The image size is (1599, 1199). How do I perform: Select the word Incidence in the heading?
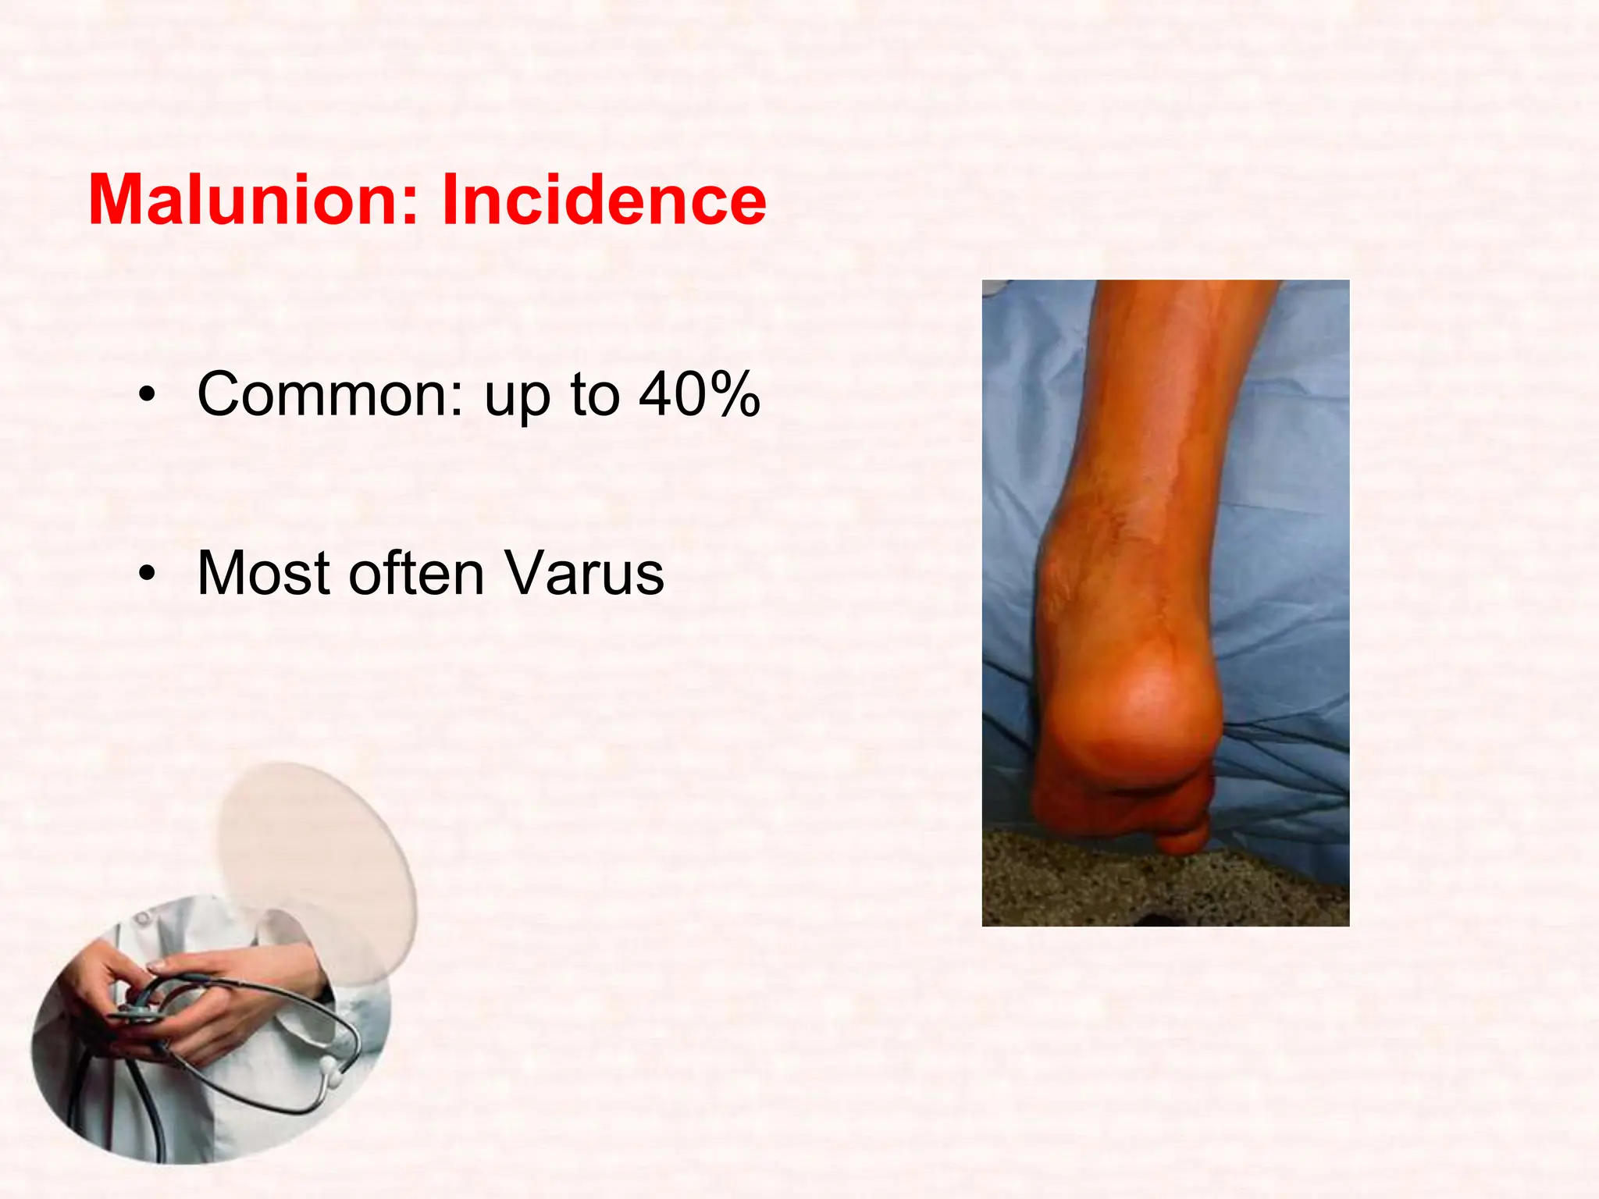coord(604,201)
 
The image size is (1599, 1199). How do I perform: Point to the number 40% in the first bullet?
coord(699,394)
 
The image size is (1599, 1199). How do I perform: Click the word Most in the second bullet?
coord(263,574)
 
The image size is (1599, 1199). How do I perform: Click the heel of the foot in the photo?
coord(1132,703)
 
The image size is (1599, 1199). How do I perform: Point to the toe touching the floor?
coord(1183,839)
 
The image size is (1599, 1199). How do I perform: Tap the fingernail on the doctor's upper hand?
coord(156,967)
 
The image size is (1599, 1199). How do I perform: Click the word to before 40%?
coord(595,394)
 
